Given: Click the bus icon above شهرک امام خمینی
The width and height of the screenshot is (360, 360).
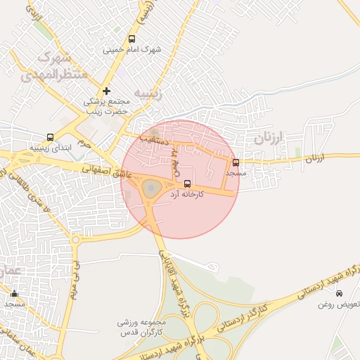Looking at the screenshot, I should (x=131, y=39).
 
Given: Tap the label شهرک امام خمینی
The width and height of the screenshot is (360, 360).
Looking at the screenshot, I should (x=131, y=50).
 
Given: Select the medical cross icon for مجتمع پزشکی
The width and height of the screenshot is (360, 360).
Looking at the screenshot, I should (x=106, y=91).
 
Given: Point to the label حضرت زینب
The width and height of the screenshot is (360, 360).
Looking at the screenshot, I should (x=106, y=110).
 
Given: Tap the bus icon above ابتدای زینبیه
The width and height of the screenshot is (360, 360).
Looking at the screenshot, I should (x=49, y=138).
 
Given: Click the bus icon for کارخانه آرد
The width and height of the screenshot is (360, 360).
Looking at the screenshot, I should (x=186, y=184).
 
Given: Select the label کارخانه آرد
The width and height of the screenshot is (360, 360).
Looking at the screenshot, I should (x=187, y=194).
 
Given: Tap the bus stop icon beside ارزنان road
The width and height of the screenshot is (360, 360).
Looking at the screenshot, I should (x=235, y=162).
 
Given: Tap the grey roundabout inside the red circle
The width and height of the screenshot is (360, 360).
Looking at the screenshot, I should (x=151, y=188).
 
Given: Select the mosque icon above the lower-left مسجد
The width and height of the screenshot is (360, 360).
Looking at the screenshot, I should (x=14, y=294).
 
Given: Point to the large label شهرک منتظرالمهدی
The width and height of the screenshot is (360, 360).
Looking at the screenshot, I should (x=60, y=64).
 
